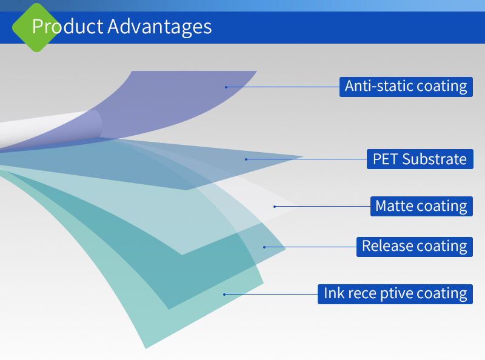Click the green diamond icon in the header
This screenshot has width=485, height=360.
pyautogui.click(x=36, y=27)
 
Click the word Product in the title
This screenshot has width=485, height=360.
pyautogui.click(x=68, y=26)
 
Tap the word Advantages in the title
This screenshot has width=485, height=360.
pyautogui.click(x=159, y=27)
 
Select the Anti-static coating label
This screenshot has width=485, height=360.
pyautogui.click(x=406, y=87)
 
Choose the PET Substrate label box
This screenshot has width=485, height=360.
pyautogui.click(x=420, y=159)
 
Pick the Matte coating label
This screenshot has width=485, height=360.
pyautogui.click(x=421, y=206)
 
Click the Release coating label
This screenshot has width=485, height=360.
pyautogui.click(x=415, y=247)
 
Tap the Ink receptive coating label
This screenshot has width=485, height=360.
pyautogui.click(x=395, y=294)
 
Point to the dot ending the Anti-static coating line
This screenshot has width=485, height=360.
pyautogui.click(x=226, y=87)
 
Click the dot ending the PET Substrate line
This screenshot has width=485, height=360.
pyautogui.click(x=246, y=159)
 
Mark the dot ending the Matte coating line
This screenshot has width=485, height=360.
pyautogui.click(x=275, y=207)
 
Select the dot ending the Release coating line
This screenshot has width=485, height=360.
pyautogui.click(x=264, y=247)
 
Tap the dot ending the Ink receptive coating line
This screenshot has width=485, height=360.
pyautogui.click(x=224, y=295)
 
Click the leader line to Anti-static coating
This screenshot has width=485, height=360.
pyautogui.click(x=283, y=87)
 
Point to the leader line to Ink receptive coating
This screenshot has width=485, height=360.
pyautogui.click(x=271, y=295)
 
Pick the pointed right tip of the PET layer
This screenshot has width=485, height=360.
pyautogui.click(x=303, y=157)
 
